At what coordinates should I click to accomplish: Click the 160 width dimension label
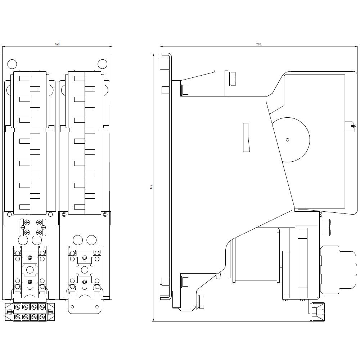57,44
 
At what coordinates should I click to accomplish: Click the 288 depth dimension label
258,44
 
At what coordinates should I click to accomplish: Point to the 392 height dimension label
151,187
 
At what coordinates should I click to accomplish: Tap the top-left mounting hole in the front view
12,64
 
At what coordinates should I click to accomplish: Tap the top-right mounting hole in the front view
103,64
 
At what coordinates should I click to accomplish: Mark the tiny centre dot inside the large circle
287,140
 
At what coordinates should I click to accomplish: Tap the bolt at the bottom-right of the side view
318,311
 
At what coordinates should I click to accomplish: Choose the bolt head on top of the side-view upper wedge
232,78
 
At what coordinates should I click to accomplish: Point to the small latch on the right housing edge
351,127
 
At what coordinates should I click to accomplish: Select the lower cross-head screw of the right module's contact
85,281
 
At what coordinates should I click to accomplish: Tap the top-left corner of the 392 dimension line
154,53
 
